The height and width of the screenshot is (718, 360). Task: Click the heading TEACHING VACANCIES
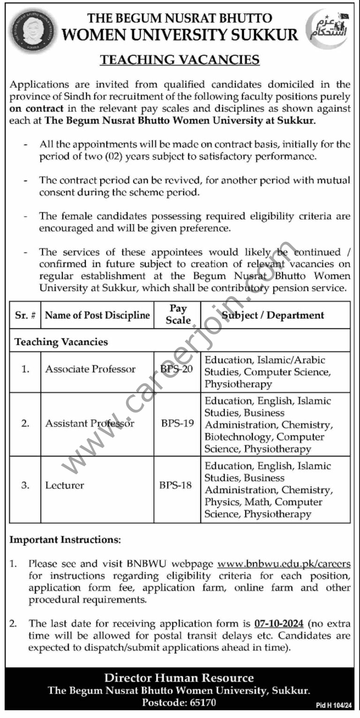(180, 60)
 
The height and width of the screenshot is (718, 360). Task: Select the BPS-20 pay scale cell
(177, 369)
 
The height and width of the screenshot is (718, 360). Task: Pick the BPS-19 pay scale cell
(177, 424)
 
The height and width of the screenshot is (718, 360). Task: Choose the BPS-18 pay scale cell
(176, 485)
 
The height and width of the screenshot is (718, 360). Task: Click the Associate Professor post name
(90, 369)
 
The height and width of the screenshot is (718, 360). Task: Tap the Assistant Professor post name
(90, 424)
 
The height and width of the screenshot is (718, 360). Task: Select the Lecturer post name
(65, 485)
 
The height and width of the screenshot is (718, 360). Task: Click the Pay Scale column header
(178, 314)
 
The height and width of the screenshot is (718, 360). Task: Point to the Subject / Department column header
(273, 315)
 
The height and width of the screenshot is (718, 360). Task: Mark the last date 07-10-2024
(279, 623)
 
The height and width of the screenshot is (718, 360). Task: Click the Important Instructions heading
(65, 540)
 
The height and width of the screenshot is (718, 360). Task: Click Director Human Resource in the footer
(179, 678)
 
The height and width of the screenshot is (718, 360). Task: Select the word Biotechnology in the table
(238, 437)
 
